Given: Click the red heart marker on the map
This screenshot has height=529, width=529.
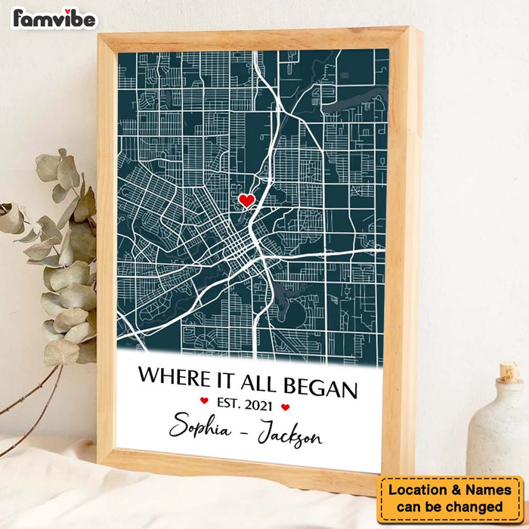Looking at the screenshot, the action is pos(246,200).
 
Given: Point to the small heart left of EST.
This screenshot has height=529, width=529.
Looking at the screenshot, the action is pos(203,401).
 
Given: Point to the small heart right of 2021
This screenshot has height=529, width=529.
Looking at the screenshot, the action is pos(285,407).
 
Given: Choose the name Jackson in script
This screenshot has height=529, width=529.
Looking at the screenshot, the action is pos(289,437).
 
